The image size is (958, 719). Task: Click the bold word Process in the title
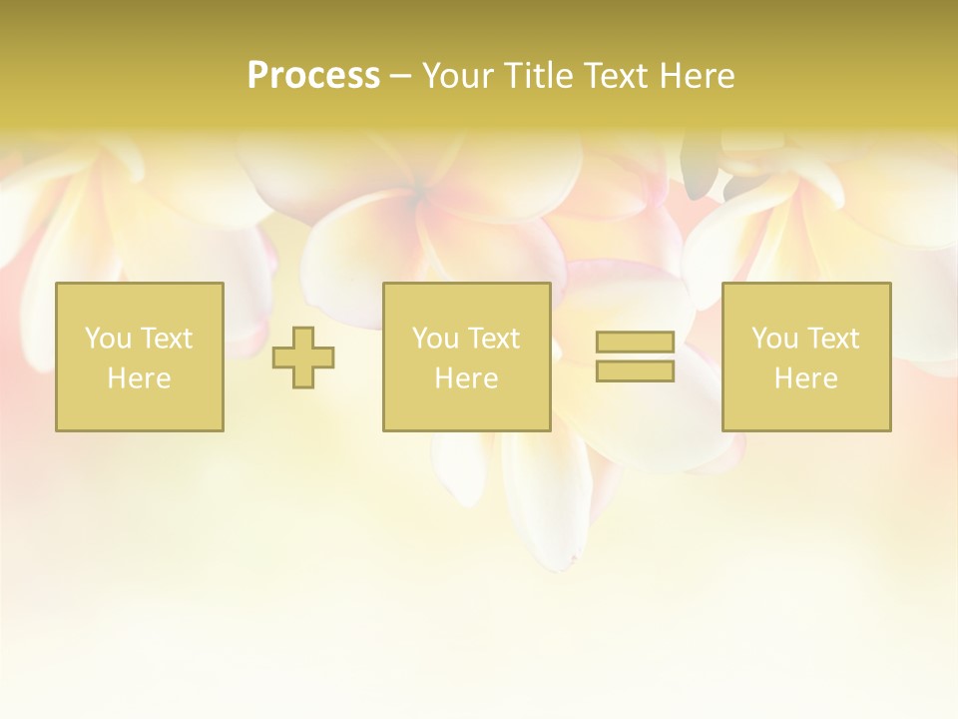313,76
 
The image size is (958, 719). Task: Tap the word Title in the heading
540,76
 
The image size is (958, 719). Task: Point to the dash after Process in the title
401,77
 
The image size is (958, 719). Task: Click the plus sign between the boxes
303,358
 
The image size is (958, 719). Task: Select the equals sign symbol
635,357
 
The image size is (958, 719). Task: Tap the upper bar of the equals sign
635,343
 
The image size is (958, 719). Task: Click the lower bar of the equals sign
635,370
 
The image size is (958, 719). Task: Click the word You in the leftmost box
108,339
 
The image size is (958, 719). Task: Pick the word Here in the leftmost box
139,378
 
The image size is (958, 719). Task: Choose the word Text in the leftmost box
165,339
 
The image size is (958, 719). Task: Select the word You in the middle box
435,339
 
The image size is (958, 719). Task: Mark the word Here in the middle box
466,378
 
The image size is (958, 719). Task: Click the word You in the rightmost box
774,339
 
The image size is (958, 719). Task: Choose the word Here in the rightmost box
805,378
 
